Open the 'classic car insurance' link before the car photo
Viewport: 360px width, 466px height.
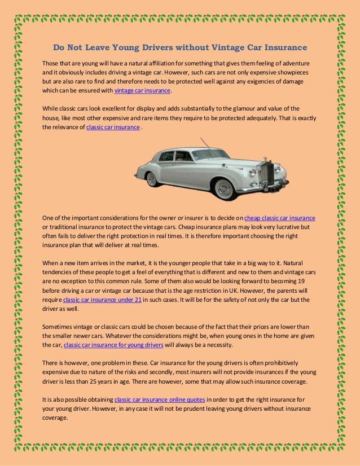pos(113,128)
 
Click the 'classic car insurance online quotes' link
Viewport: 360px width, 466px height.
pos(160,400)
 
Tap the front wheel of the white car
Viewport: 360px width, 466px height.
pos(225,188)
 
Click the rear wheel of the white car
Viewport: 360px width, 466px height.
pos(152,179)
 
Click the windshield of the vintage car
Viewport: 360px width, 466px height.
pos(209,154)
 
